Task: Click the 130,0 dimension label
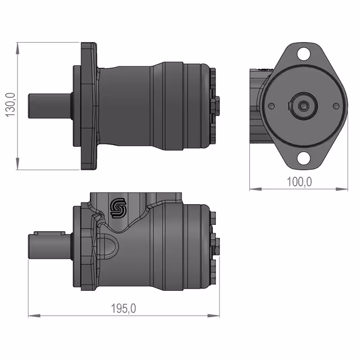click(x=10, y=105)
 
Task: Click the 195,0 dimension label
click(x=124, y=308)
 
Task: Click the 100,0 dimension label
click(x=299, y=182)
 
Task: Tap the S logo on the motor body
click(x=118, y=208)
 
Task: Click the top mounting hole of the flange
click(x=304, y=54)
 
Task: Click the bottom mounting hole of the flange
click(x=304, y=158)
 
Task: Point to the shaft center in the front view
click(x=304, y=106)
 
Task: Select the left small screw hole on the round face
click(x=271, y=106)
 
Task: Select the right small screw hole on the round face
click(x=336, y=106)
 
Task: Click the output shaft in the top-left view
click(x=50, y=106)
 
